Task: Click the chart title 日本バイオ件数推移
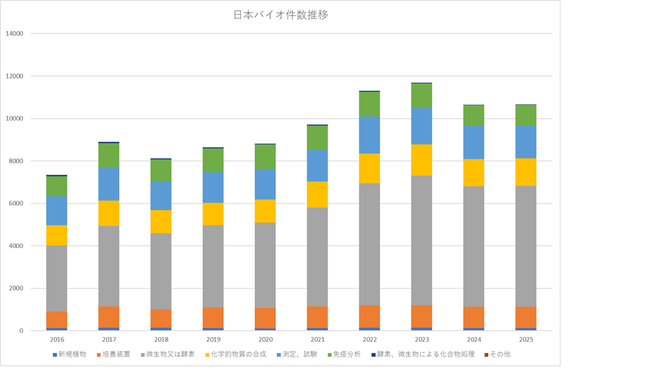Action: pos(281,15)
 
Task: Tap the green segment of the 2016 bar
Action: pos(57,186)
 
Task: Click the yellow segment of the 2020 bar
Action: pos(266,211)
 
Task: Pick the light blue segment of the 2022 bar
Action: pos(370,135)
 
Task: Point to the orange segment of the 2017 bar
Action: pos(109,317)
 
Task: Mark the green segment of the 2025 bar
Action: pos(526,115)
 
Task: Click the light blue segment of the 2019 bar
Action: pos(213,187)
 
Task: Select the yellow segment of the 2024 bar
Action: pos(474,172)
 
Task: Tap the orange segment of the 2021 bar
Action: pos(318,317)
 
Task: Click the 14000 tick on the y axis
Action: pos(14,34)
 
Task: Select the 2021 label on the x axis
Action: pos(318,340)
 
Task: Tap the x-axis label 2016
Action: pos(57,340)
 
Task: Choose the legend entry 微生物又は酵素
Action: pos(170,354)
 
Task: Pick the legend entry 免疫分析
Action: pos(347,354)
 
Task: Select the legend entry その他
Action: pos(500,354)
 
